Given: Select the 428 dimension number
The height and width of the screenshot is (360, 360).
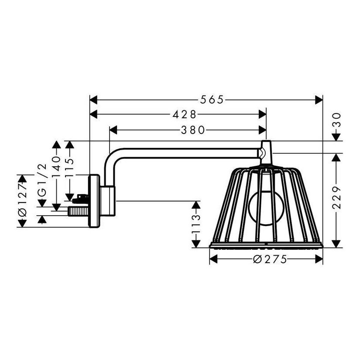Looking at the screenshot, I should point(184,114).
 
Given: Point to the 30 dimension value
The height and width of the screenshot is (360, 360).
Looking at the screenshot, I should point(336,120).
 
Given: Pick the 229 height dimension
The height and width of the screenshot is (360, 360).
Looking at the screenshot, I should point(336,198).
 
